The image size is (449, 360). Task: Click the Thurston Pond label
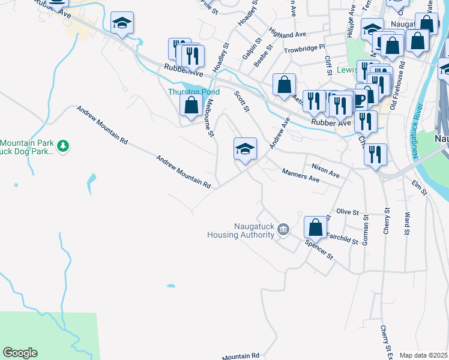click(x=194, y=92)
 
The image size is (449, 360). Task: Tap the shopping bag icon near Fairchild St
click(x=316, y=227)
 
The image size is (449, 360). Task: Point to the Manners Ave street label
click(x=301, y=174)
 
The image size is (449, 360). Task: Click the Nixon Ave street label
click(x=325, y=171)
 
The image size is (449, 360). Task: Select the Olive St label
click(x=347, y=212)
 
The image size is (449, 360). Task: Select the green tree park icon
click(x=62, y=145)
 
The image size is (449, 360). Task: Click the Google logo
click(x=20, y=353)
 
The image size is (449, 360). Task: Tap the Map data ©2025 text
click(x=423, y=355)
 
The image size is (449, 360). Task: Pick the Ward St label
click(x=408, y=223)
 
